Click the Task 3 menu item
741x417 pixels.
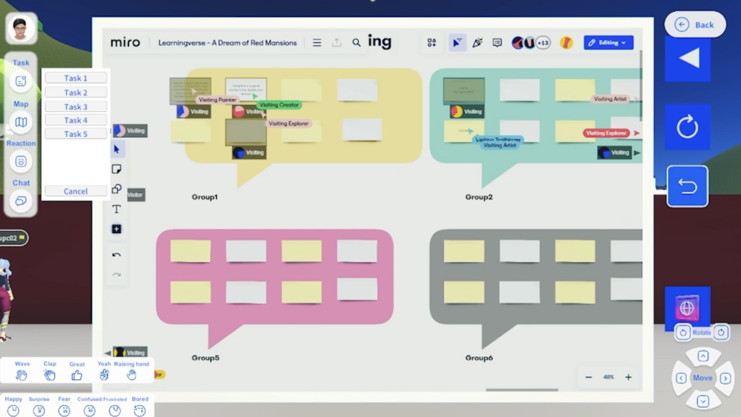coord(76,106)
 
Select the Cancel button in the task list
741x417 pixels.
coord(76,191)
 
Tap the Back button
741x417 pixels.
coord(695,25)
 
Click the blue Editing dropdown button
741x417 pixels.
coord(608,43)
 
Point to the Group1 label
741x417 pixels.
coord(205,197)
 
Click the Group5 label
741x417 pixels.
coord(206,358)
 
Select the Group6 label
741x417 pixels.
coord(479,358)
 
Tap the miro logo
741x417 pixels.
coord(125,43)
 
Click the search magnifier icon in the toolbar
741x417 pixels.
coord(357,43)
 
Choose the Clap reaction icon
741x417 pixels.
coord(50,375)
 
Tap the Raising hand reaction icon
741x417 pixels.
coord(131,375)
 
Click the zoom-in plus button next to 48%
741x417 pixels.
coord(628,377)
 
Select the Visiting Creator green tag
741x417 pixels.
coord(279,105)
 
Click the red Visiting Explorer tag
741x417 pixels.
coord(606,133)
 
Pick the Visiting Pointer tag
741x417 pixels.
coord(217,99)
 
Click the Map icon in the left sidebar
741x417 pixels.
coord(21,122)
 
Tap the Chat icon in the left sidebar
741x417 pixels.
coord(21,201)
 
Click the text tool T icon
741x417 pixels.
coord(116,209)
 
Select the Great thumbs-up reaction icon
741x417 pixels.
coord(77,375)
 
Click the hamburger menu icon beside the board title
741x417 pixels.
coord(317,43)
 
